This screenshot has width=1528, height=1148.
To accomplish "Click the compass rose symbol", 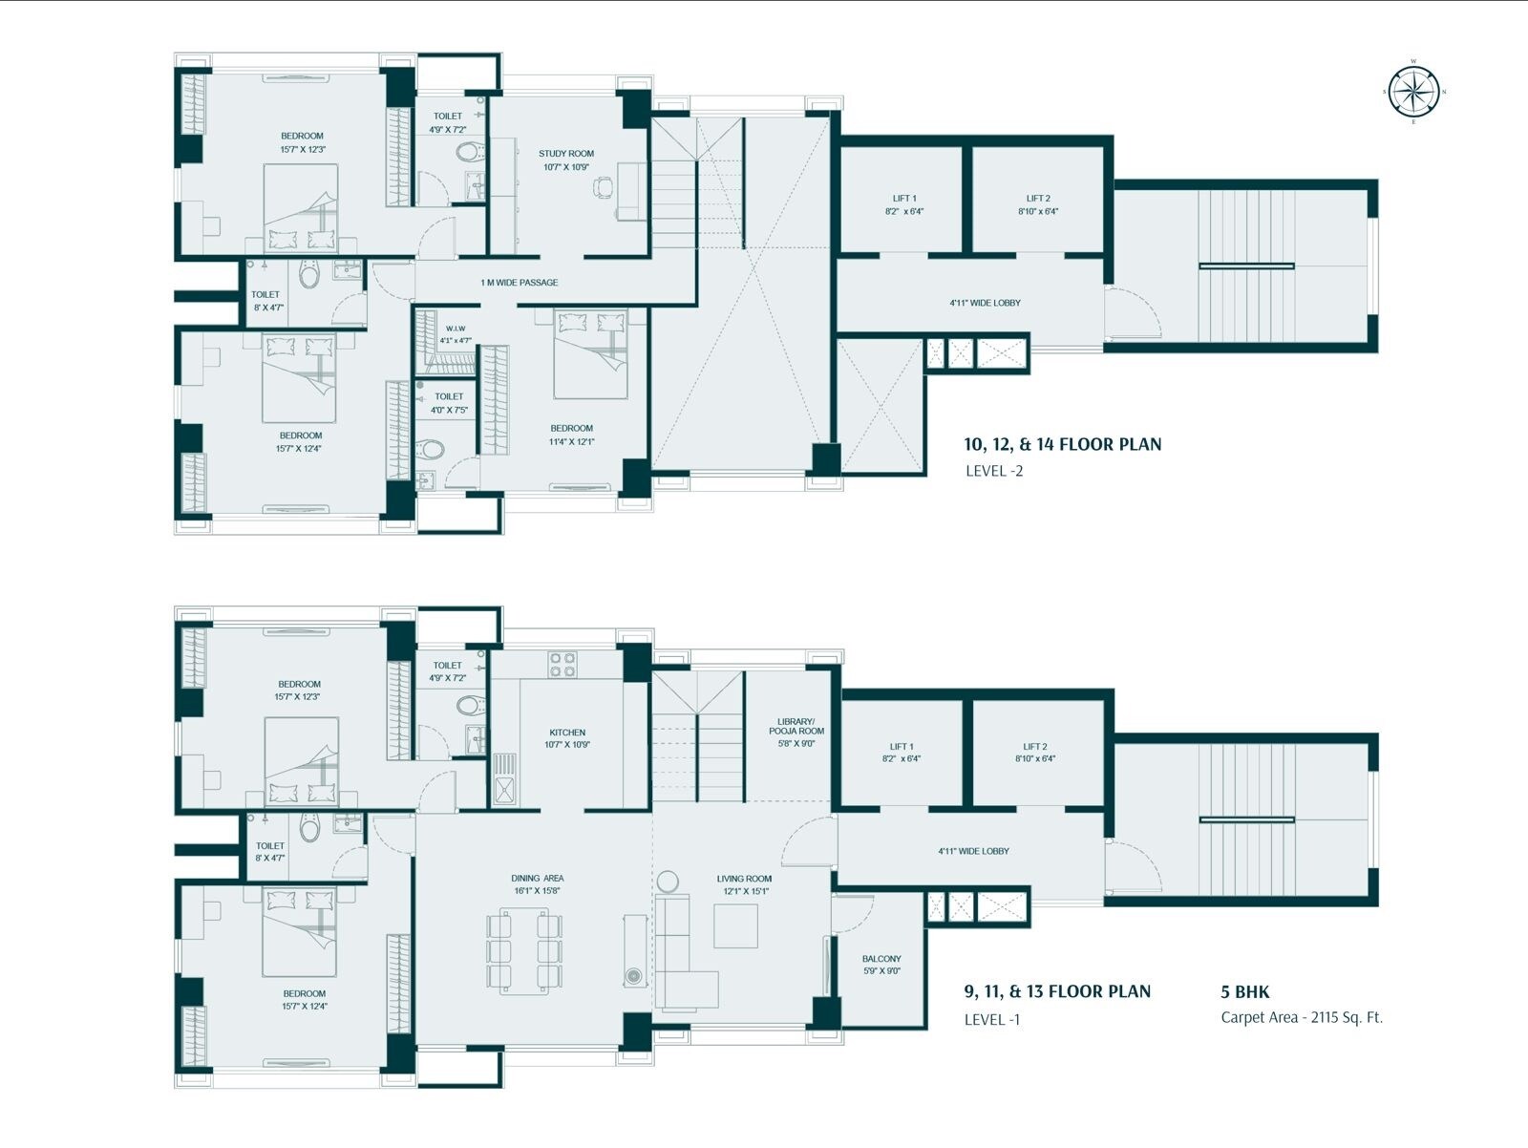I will (x=1414, y=92).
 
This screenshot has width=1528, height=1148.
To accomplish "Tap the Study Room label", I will (x=566, y=154).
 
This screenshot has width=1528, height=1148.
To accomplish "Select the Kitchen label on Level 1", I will (x=566, y=733).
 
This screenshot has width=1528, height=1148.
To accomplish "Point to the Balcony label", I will (x=881, y=959).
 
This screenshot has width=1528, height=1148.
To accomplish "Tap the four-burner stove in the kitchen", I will (x=562, y=664).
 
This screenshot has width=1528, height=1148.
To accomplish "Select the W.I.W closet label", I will (x=455, y=329).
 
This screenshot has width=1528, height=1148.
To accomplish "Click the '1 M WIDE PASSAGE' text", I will (x=520, y=283).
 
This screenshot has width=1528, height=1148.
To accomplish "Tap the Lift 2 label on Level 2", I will (x=1037, y=199).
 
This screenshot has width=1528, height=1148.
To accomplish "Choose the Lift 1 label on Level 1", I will (x=901, y=747).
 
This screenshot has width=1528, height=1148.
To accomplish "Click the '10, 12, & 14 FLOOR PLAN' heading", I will (x=1062, y=444).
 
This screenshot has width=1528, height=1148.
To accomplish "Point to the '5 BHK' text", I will (x=1244, y=992).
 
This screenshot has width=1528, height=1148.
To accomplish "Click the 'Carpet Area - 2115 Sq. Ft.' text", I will (x=1301, y=1017).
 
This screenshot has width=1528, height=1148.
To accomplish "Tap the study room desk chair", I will (x=600, y=189).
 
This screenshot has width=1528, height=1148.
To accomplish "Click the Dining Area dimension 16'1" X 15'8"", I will (x=537, y=891).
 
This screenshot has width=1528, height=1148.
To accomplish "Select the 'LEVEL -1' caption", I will (x=992, y=1019).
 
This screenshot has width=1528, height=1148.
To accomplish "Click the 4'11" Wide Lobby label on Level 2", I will (x=985, y=303).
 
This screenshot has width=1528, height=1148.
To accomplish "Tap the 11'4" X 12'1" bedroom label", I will (x=571, y=442).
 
